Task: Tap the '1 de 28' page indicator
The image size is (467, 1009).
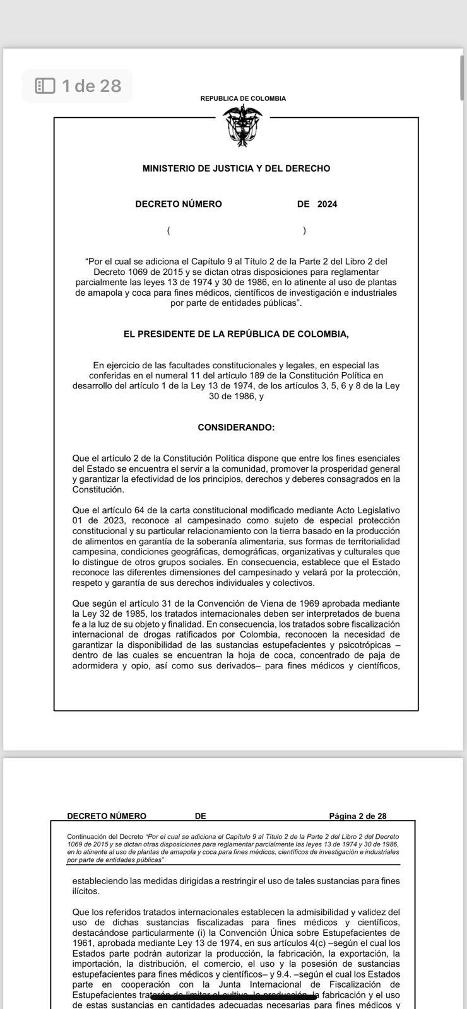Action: pos(92,86)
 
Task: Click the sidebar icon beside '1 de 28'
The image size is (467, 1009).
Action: pos(45,86)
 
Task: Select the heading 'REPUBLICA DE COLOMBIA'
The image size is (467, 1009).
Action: pos(243,98)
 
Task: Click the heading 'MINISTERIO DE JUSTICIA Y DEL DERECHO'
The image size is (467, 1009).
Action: pos(236,168)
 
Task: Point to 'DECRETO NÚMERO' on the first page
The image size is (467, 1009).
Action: pos(179,204)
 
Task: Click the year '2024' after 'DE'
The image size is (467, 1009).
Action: pos(327,204)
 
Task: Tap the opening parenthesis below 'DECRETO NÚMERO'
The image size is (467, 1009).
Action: pos(168,230)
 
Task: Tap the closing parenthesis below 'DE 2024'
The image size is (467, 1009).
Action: pos(304,230)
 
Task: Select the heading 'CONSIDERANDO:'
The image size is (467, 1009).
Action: pos(236,428)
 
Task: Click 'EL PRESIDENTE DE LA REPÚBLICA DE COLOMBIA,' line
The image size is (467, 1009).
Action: pos(236,334)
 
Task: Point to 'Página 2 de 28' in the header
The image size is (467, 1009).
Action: pos(357,816)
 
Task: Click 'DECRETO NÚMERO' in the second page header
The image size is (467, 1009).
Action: pos(107,816)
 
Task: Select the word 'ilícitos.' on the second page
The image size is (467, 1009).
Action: pos(86,892)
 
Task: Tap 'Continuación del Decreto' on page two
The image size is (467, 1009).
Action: pos(105,837)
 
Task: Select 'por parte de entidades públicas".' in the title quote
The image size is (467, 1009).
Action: pos(236,303)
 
